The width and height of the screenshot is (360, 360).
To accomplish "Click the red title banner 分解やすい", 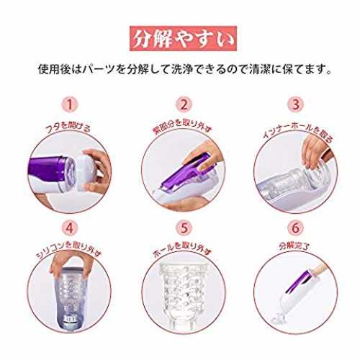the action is pos(183,38).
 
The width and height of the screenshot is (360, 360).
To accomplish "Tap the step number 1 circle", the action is pos(70,105).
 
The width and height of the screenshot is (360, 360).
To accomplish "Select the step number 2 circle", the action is pos(184,105).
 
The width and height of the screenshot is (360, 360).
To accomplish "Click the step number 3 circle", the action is pos(296,105).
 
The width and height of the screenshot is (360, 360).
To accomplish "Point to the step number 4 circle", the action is pos(70,228).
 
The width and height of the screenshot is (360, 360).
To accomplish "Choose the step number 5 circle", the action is pos(184,228).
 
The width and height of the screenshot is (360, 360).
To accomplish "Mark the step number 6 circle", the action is pos(296,228).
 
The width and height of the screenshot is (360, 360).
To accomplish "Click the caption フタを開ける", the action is pos(68,127).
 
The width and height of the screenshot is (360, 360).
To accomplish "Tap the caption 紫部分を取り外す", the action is pos(183,127).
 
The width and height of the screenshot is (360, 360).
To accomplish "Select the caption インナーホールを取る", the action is pos(297,132).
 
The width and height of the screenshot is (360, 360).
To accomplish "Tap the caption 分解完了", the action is pos(295,246).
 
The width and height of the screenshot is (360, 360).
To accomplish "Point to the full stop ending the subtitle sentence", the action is pos(329,72).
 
